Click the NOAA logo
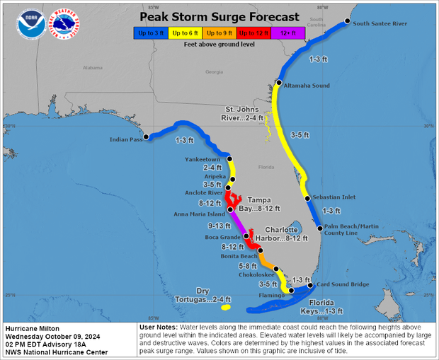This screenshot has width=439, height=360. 32,25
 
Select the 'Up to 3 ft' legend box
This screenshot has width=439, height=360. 150,33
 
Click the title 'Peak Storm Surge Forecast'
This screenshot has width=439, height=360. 219,16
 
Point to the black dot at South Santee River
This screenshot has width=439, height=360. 347,21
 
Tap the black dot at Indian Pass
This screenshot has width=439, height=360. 146,137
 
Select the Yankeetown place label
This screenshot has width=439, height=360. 203,159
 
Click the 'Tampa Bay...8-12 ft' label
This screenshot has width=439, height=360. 263,204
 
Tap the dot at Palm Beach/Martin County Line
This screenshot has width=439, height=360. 320,228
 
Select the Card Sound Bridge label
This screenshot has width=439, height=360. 343,285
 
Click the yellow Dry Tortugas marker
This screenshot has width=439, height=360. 226,307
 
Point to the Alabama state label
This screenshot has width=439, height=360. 93,68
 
